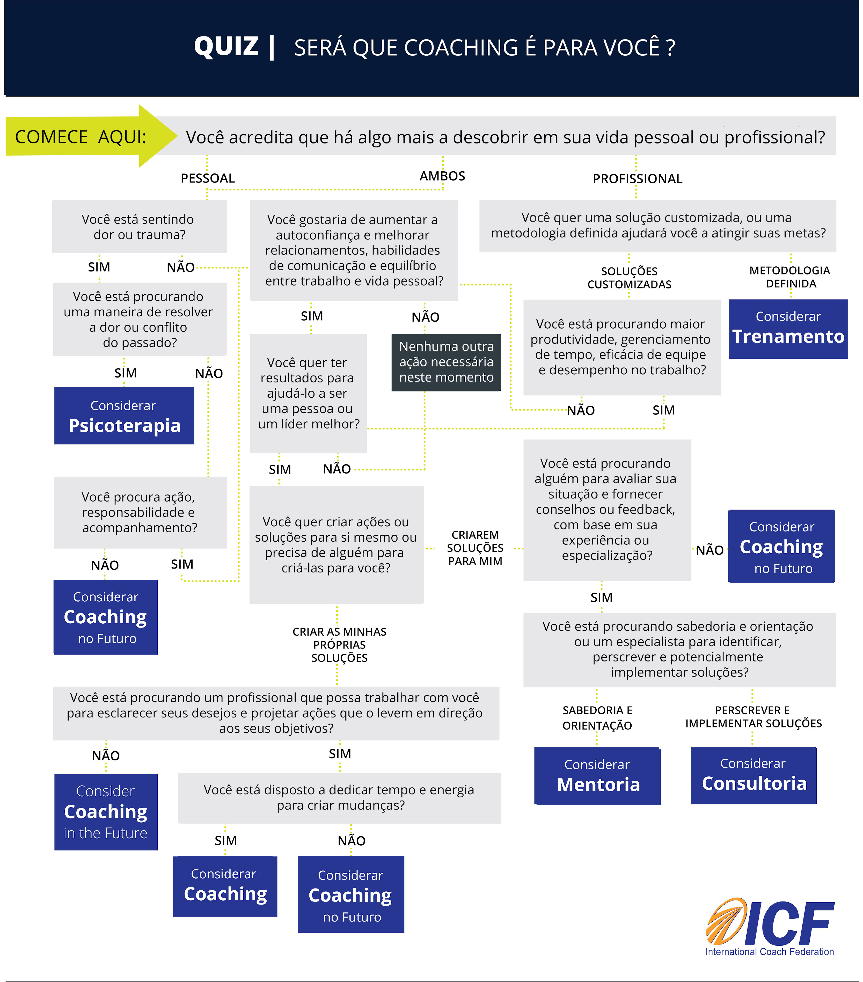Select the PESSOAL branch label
pyautogui.click(x=207, y=178)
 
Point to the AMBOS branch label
pyautogui.click(x=442, y=176)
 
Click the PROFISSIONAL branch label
pyautogui.click(x=637, y=179)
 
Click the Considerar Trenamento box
pyautogui.click(x=788, y=329)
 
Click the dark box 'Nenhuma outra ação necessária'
pyautogui.click(x=446, y=362)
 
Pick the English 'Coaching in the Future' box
pyautogui.click(x=106, y=812)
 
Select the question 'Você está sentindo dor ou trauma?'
pyautogui.click(x=139, y=227)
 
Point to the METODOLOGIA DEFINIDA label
pyautogui.click(x=790, y=277)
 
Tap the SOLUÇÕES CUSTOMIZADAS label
pyautogui.click(x=629, y=278)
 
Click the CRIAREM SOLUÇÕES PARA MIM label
pyautogui.click(x=475, y=548)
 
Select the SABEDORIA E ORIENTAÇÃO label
pyautogui.click(x=597, y=718)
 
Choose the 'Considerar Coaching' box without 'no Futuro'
pyautogui.click(x=225, y=886)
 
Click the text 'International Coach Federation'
pyautogui.click(x=769, y=952)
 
